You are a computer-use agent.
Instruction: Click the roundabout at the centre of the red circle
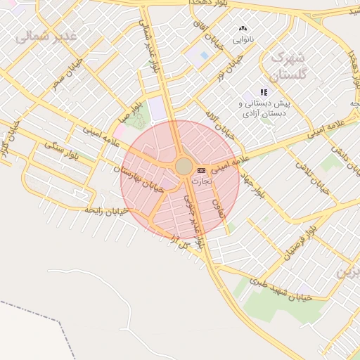184,167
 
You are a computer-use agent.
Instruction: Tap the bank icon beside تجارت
202,170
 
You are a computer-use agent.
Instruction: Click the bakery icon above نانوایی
245,30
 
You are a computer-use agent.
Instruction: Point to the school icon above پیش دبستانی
264,92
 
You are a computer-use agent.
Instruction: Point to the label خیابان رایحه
105,210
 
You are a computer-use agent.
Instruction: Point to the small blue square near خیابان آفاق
205,55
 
